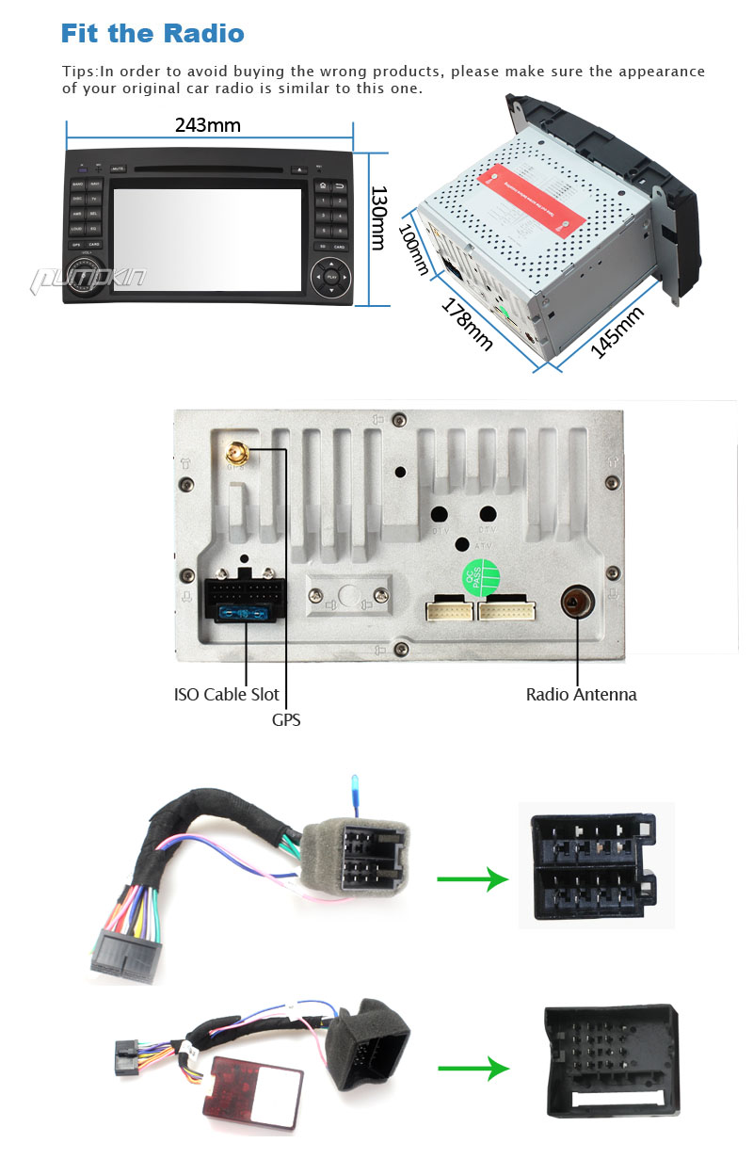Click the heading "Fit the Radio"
(x=152, y=34)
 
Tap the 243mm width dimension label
(x=208, y=125)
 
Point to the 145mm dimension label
(x=617, y=332)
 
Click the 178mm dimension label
(x=467, y=325)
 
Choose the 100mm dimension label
(x=413, y=250)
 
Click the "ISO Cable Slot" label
(x=227, y=695)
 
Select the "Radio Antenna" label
(x=581, y=695)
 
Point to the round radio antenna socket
(x=574, y=602)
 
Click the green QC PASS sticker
(x=480, y=576)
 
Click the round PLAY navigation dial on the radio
(x=330, y=277)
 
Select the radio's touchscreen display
(x=207, y=238)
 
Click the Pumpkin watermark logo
(x=88, y=278)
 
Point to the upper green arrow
(x=473, y=880)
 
